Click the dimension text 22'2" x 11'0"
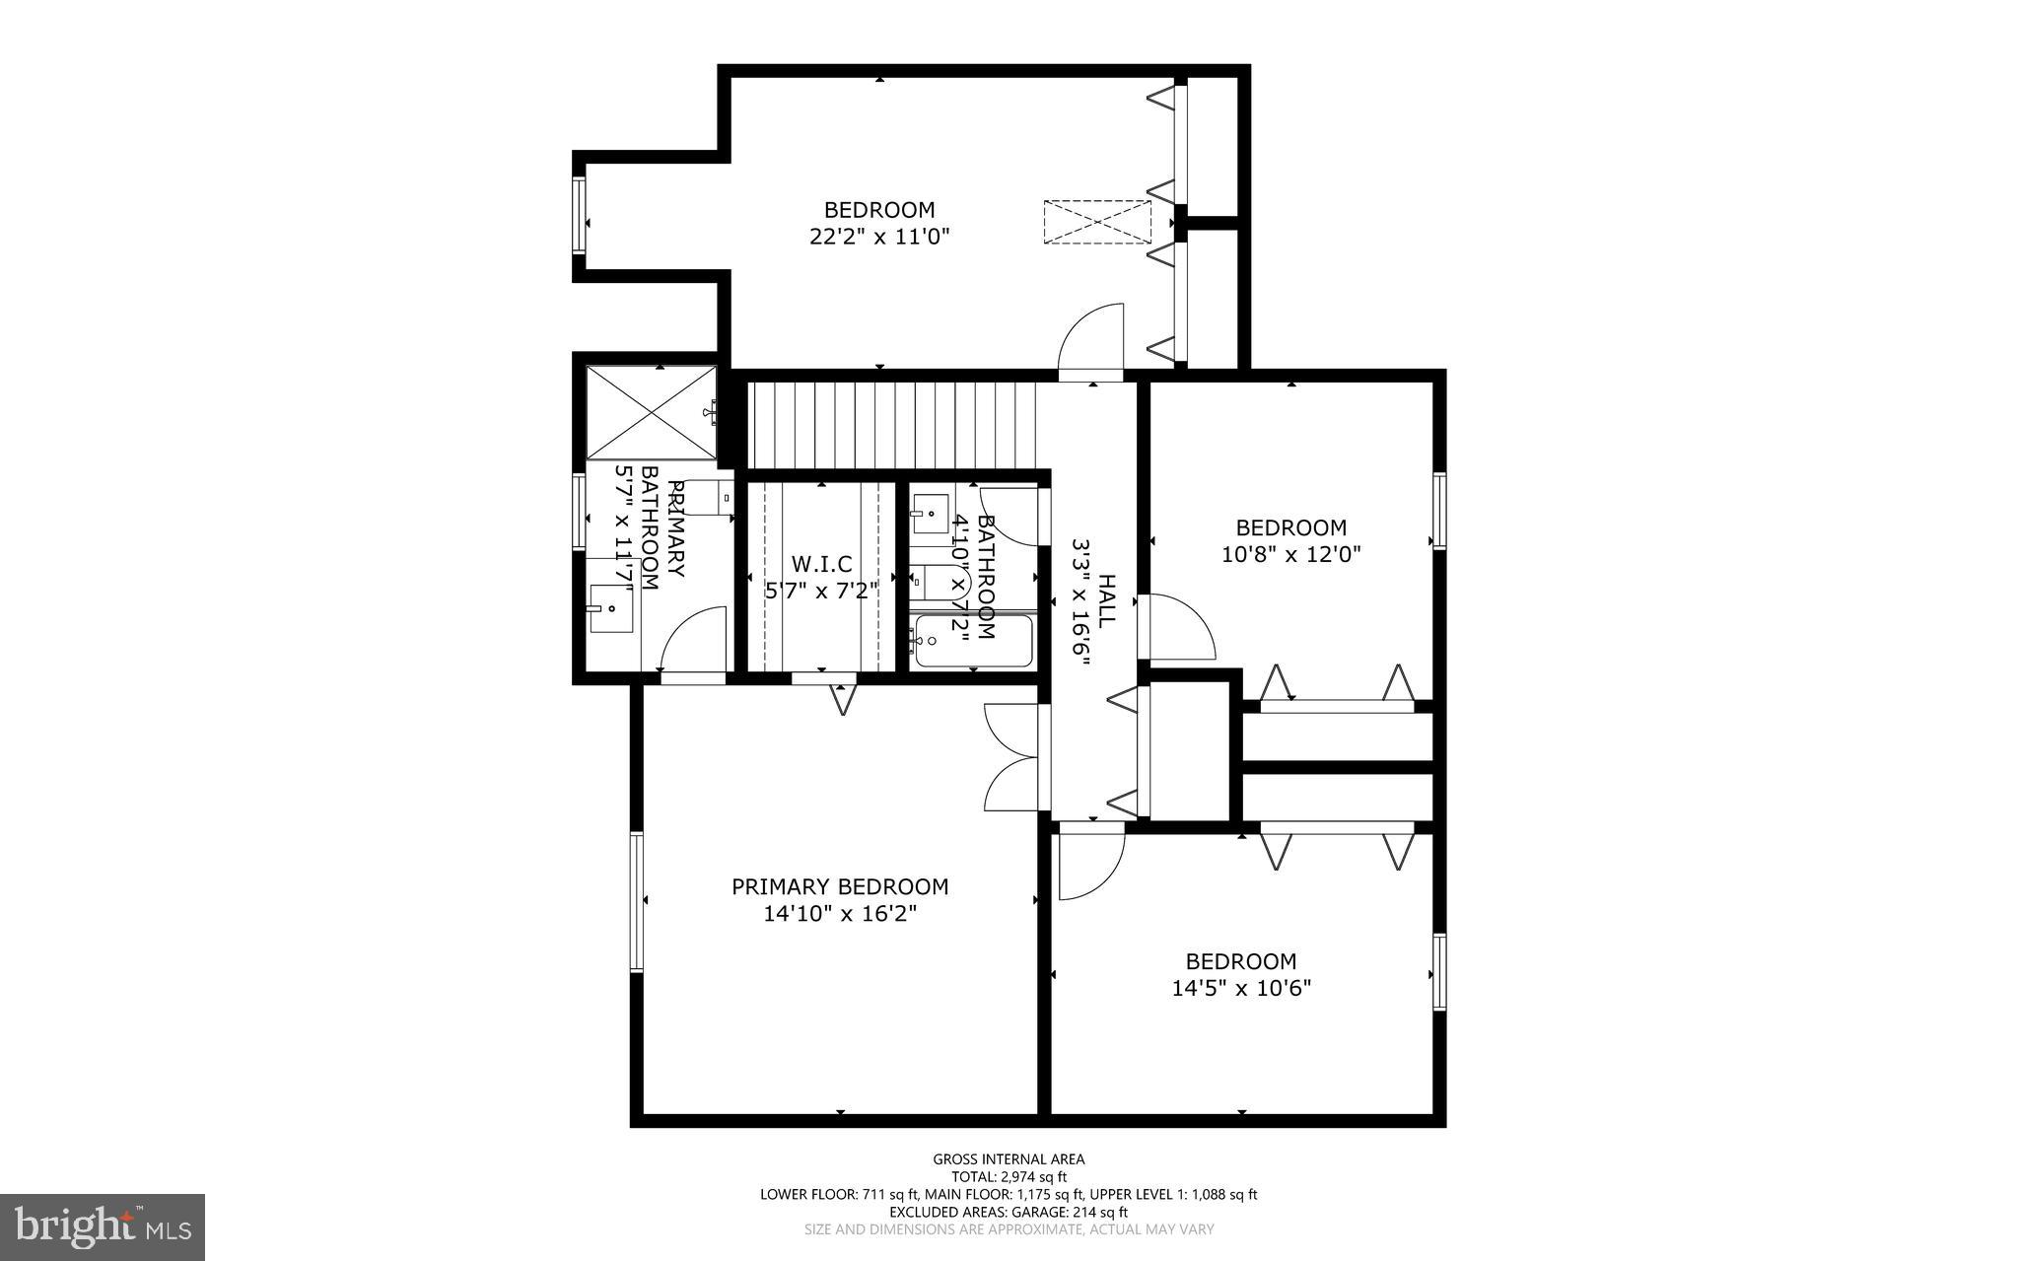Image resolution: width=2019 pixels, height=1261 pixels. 878,237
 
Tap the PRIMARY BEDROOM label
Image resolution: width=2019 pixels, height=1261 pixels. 840,887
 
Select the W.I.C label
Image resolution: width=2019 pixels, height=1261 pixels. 821,564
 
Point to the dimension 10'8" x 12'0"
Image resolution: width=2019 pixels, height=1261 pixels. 1290,554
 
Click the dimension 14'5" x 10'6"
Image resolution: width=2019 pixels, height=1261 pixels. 1240,988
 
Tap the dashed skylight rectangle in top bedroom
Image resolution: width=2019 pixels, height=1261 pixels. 1097,222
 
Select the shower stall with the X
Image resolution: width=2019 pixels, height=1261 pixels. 652,411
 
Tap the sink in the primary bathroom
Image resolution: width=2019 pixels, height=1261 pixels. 610,608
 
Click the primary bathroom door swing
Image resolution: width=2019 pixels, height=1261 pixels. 693,643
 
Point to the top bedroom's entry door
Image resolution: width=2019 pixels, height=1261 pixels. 1091,340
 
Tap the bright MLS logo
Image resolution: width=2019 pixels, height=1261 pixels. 103,1226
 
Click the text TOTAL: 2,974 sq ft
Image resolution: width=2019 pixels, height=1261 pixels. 1009,1176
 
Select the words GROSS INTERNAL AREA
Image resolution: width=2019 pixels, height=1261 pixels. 1009,1159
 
